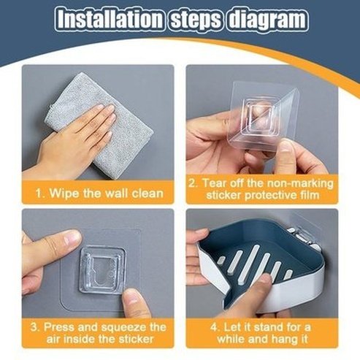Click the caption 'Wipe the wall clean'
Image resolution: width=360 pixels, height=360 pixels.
point(103,194)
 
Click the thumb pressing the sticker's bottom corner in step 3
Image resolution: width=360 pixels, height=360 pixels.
point(137,301)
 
